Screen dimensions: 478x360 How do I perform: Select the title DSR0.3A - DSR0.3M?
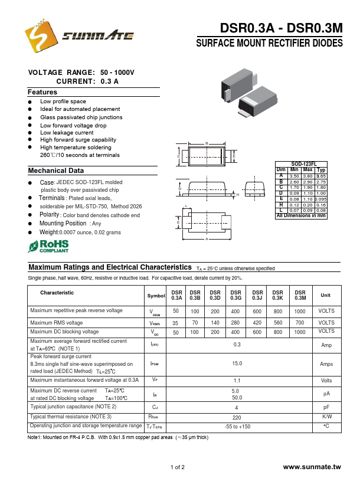tap(281, 29)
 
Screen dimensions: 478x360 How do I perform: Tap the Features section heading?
tap(42, 92)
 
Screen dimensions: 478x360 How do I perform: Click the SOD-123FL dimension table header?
tap(304, 163)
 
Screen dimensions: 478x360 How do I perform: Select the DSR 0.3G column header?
tap(236, 296)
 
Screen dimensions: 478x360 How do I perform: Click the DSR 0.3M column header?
tap(300, 296)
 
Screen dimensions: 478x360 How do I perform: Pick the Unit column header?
tap(326, 296)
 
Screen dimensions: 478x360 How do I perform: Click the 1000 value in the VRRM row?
tap(300, 311)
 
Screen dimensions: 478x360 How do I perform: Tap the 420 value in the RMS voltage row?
tap(257, 323)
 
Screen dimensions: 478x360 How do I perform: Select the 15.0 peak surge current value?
tap(237, 364)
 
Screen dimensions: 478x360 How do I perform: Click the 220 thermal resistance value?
tap(237, 417)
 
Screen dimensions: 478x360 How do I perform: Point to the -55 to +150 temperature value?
tap(237, 426)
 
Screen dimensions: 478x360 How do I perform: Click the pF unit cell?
tap(326, 407)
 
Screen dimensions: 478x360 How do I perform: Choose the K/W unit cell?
tap(326, 417)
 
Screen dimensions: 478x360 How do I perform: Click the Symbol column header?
tap(156, 296)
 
